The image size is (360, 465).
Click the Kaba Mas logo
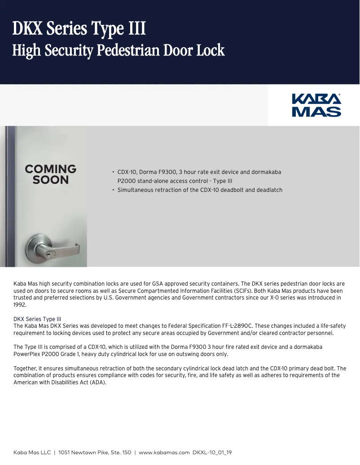316,105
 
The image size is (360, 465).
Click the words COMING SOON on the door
51,174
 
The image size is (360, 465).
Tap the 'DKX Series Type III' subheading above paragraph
37,319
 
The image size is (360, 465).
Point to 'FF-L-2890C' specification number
235,326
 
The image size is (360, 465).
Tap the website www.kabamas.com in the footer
164,452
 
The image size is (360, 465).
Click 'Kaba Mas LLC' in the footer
32,452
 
